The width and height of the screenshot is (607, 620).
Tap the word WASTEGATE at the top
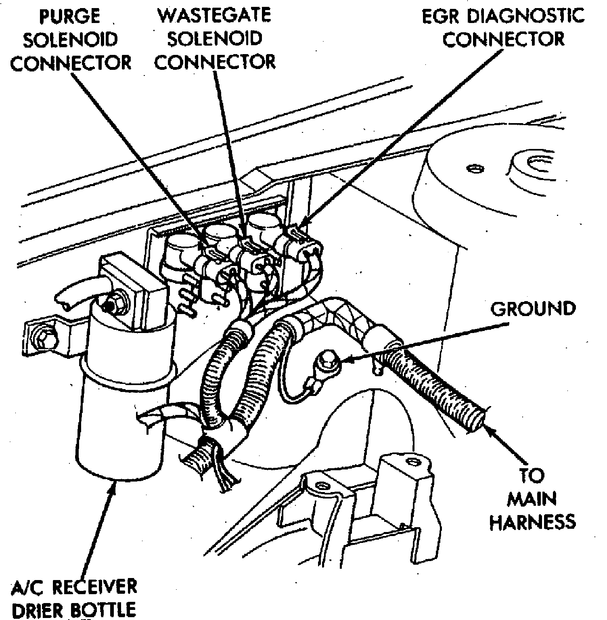[x=215, y=15]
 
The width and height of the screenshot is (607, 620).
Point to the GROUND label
[x=533, y=308]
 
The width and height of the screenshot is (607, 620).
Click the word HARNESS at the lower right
[x=532, y=522]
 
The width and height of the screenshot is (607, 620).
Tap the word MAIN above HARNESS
[x=532, y=499]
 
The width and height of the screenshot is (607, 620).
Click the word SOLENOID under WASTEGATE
[x=215, y=39]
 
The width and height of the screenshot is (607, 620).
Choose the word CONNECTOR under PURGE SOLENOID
[x=71, y=63]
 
